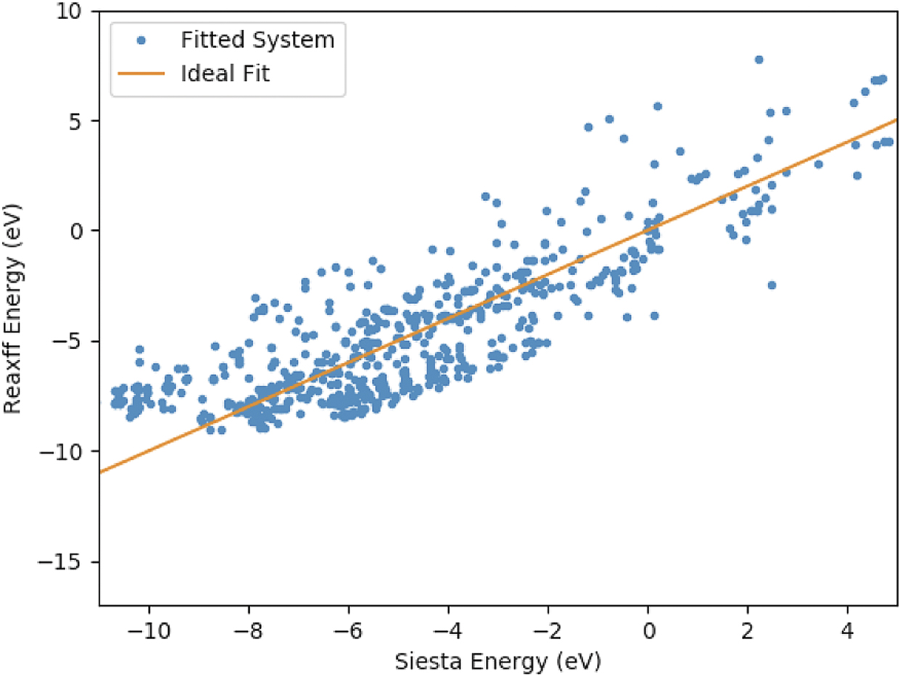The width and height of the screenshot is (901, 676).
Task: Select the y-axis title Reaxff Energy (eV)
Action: click(x=15, y=309)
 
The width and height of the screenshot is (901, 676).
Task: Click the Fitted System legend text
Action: click(x=258, y=40)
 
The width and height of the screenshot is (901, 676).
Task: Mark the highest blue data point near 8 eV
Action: click(x=759, y=59)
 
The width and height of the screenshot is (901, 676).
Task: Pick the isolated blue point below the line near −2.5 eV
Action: click(x=771, y=285)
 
